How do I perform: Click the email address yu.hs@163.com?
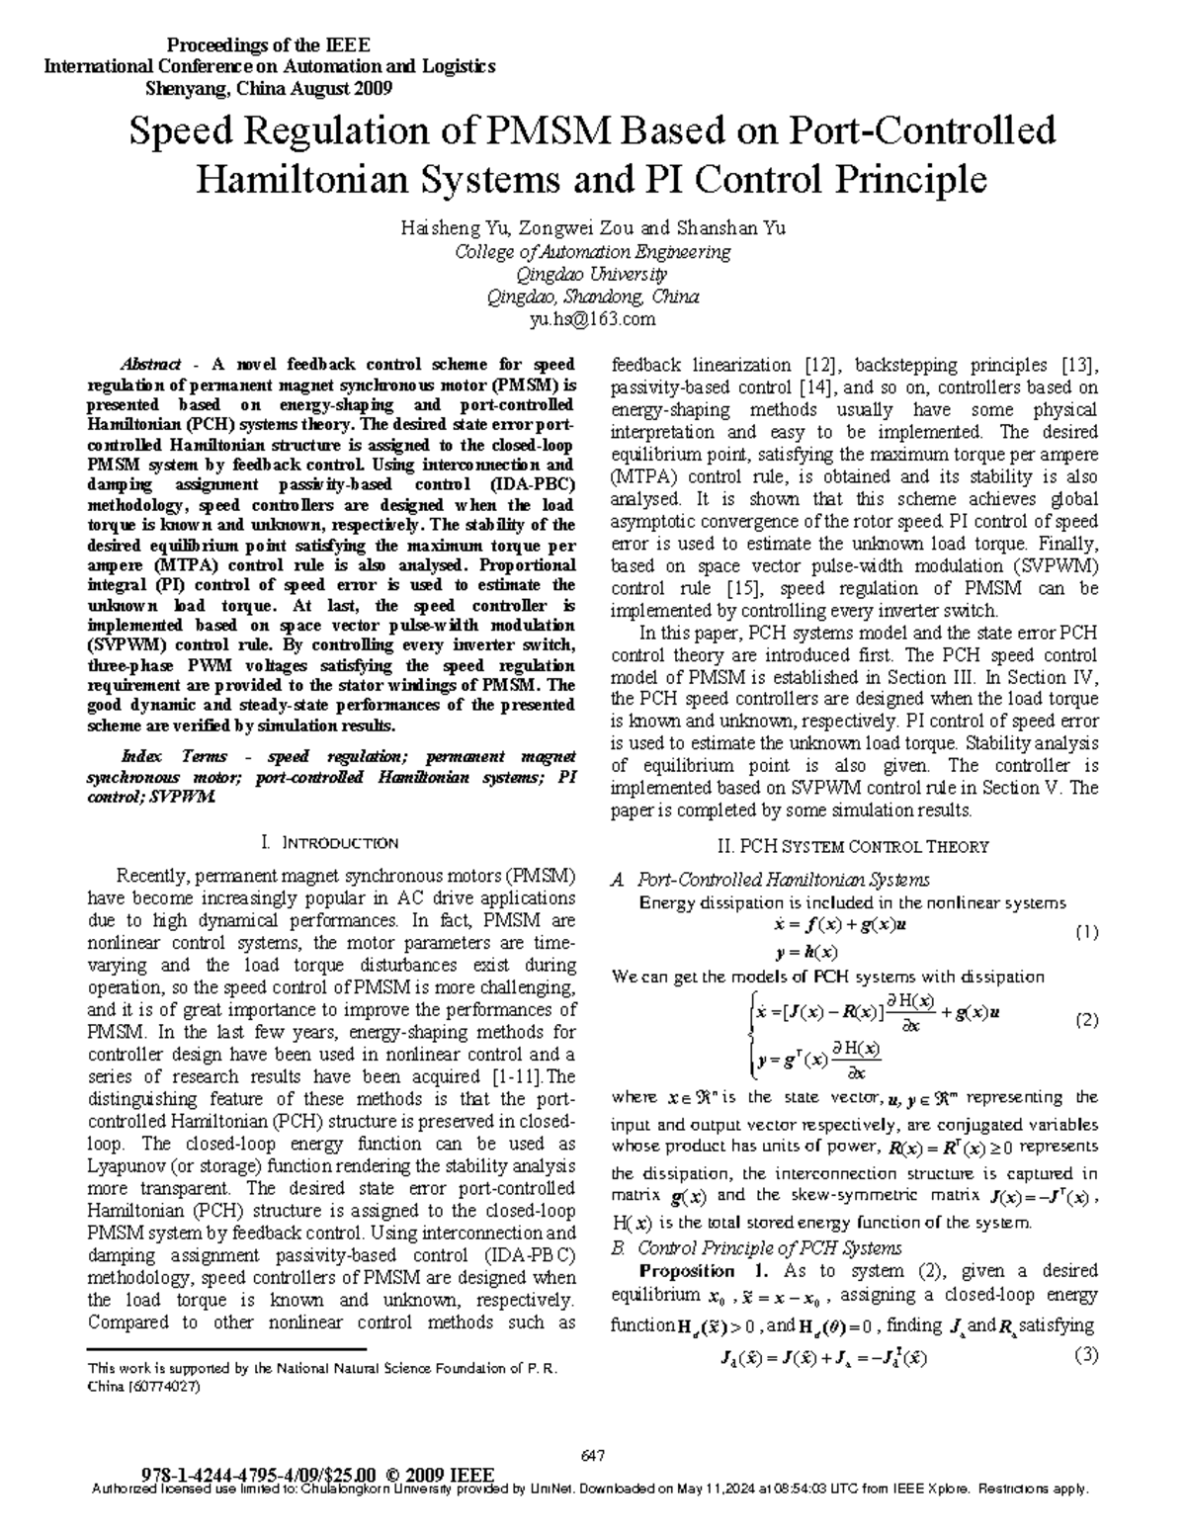[592, 319]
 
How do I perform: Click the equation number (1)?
[1086, 932]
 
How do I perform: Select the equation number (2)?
[1086, 1021]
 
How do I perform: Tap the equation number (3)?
[1086, 1355]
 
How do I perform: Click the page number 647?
[592, 1455]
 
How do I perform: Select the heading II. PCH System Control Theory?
[851, 846]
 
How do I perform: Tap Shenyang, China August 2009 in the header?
[269, 88]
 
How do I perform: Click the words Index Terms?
[170, 757]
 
